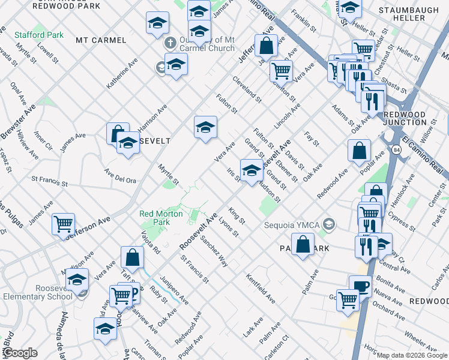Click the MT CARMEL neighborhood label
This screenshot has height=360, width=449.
tap(101, 40)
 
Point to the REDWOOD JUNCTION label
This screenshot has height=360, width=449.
tap(404, 118)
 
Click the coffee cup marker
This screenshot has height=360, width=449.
tap(360, 286)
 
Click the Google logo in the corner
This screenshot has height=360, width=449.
tap(19, 353)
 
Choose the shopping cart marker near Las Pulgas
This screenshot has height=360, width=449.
tap(63, 224)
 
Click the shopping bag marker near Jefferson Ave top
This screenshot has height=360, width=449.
tap(265, 45)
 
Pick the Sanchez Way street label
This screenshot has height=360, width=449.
tap(214, 251)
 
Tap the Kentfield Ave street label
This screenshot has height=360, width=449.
tap(260, 288)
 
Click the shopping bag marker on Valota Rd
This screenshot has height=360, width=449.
tap(132, 257)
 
